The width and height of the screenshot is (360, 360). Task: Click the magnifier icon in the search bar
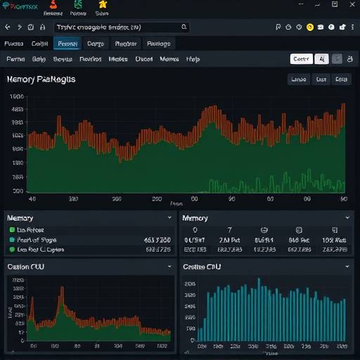184,27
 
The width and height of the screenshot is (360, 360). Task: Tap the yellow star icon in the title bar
103,4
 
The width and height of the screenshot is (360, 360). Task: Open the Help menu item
193,60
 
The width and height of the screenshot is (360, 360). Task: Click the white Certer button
301,60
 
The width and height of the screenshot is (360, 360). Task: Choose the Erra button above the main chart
342,79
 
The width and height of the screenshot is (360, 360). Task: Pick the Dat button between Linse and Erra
321,79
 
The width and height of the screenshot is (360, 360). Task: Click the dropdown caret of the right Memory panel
347,218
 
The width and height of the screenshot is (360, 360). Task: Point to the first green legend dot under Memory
12,230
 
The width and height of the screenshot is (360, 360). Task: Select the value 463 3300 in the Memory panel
157,240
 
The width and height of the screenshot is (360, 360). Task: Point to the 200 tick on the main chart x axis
157,199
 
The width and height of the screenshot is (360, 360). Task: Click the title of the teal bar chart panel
202,266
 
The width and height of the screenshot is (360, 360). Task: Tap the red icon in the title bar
50,4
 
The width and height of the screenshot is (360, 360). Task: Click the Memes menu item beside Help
169,60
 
